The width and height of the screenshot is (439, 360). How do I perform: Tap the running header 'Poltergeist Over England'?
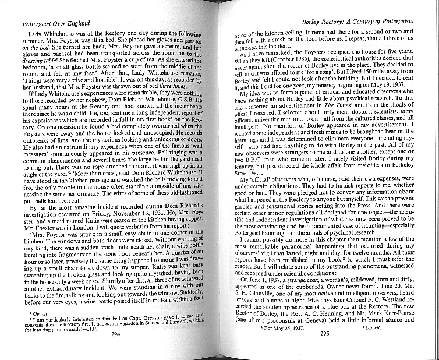coord(55,23)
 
